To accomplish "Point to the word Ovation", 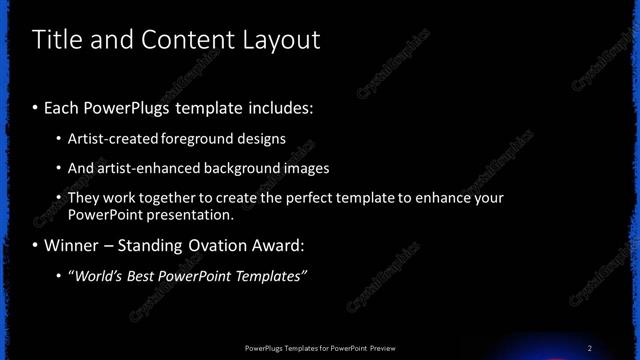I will (x=226, y=245).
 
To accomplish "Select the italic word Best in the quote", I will (x=152, y=276).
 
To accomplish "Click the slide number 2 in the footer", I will (x=590, y=348).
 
